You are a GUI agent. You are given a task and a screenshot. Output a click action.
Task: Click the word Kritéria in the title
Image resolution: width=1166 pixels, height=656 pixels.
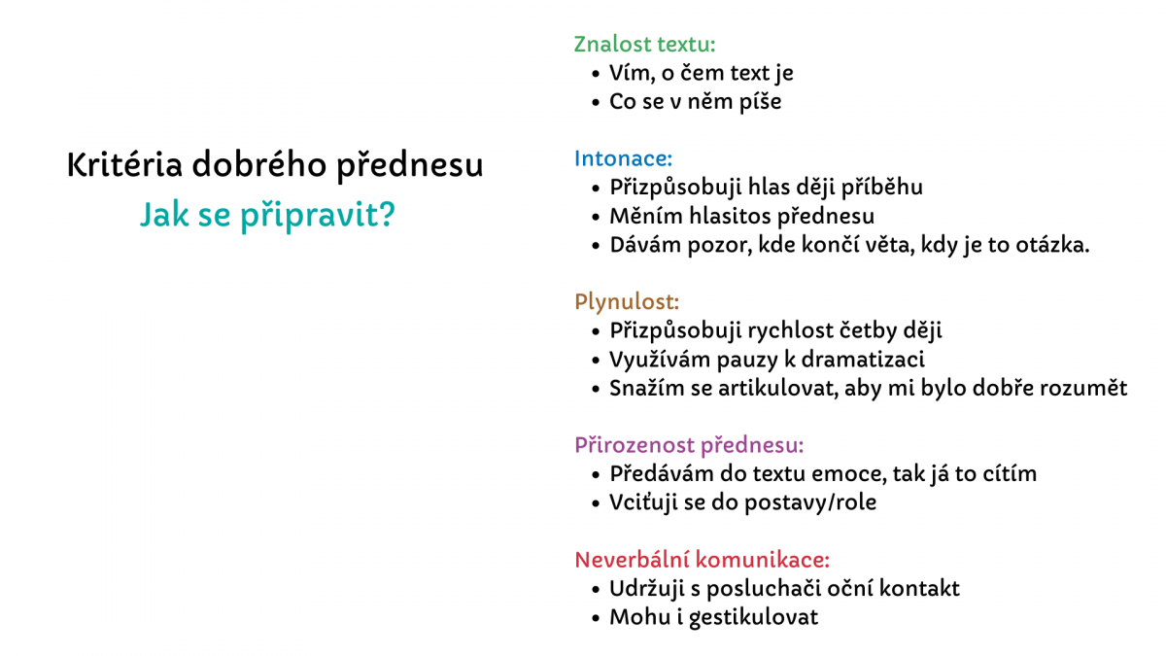click(125, 164)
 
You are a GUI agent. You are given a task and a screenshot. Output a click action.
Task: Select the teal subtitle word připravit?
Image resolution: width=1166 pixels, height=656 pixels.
click(318, 215)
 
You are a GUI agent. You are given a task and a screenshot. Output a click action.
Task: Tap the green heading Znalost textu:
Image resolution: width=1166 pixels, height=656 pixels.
click(644, 45)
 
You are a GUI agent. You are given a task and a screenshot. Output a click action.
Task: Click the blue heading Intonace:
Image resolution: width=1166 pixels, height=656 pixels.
click(623, 158)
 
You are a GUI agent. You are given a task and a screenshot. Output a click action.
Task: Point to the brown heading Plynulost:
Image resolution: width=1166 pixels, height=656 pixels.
click(627, 301)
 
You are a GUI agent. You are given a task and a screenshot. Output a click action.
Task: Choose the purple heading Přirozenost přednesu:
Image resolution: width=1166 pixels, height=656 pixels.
click(689, 445)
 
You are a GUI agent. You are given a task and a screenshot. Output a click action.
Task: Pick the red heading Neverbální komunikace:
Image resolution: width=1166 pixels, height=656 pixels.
click(702, 560)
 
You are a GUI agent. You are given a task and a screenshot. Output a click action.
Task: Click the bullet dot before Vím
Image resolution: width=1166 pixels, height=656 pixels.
click(596, 74)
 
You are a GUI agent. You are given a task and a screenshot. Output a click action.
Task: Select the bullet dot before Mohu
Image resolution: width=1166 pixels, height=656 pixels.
click(596, 618)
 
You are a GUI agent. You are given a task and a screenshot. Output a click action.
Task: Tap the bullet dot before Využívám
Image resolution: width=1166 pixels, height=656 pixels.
click(596, 361)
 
